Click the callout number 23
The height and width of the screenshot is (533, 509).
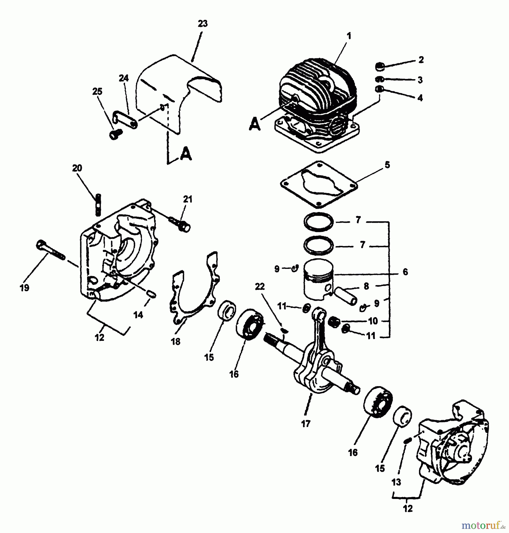[203, 24]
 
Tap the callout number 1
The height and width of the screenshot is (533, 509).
[349, 36]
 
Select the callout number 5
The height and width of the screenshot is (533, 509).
[388, 165]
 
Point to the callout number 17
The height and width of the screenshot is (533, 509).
[305, 424]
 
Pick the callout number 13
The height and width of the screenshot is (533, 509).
[396, 482]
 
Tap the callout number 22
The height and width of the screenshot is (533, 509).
[260, 287]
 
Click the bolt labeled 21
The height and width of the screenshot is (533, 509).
[180, 224]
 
